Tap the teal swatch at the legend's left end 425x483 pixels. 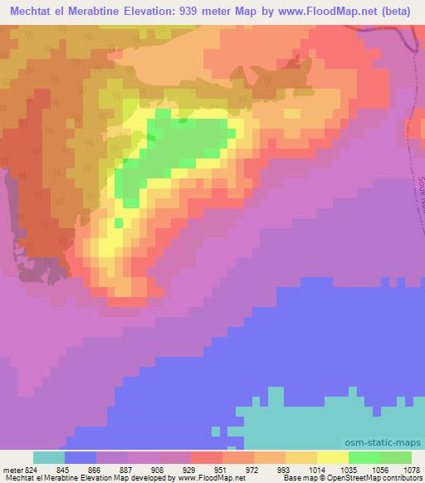(49, 457)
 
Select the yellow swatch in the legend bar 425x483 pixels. (332, 457)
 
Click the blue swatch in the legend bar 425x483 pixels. (81, 457)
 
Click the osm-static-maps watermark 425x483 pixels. (389, 442)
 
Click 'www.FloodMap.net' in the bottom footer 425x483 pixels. (204, 478)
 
